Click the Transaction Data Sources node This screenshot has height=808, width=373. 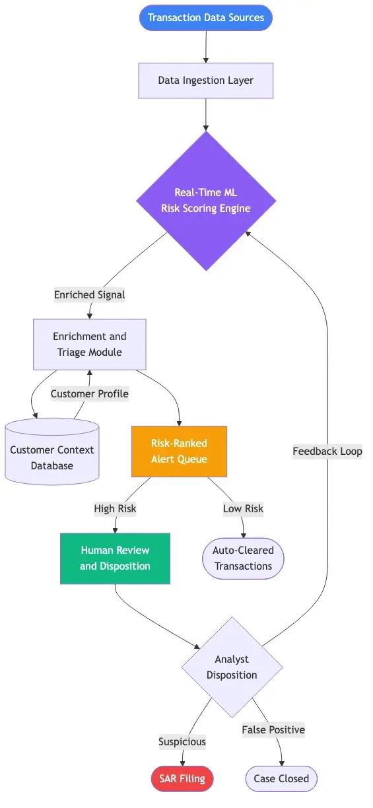[x=205, y=18]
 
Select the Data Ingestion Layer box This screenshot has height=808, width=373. [x=205, y=81]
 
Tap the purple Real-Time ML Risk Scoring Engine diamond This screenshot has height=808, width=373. [x=206, y=201]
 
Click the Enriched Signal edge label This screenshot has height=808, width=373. [x=89, y=294]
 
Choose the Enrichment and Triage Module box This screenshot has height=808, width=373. [x=89, y=344]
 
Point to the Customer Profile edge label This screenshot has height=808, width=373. [x=90, y=393]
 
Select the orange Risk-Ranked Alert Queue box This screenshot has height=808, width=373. [x=179, y=451]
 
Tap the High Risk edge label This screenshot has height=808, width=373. [x=115, y=508]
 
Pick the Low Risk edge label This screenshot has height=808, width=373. [x=243, y=508]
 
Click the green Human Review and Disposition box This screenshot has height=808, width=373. [x=115, y=558]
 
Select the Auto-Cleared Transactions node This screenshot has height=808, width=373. [x=243, y=558]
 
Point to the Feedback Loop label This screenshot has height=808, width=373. [x=327, y=452]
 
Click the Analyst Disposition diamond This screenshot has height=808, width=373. [x=232, y=667]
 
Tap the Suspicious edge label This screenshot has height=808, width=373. [x=182, y=741]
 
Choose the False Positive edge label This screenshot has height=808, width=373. [x=273, y=729]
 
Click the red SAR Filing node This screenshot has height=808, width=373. [x=182, y=779]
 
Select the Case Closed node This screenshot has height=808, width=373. [x=281, y=779]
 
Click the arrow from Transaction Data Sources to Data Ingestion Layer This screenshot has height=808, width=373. [x=206, y=46]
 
